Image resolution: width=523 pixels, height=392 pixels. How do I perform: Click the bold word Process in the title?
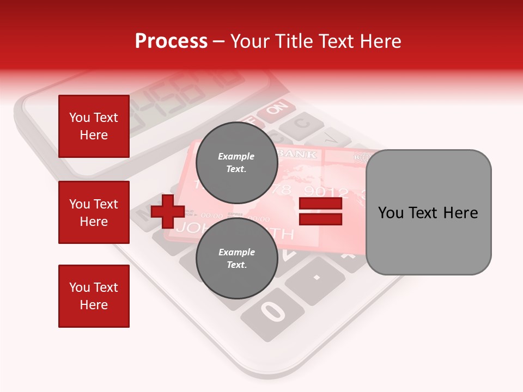(x=171, y=41)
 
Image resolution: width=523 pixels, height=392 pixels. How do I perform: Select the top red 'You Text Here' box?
(x=94, y=126)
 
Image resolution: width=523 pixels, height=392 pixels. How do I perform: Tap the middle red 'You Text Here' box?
(x=94, y=212)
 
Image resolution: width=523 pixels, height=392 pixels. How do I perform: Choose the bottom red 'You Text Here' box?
(x=94, y=296)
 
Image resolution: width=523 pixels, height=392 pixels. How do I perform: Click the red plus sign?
(x=168, y=211)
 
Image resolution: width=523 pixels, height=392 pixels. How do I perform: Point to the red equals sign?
(x=320, y=212)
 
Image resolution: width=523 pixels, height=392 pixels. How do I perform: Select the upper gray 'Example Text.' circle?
(x=236, y=162)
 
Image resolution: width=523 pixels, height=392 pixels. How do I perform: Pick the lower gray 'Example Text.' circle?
(x=236, y=258)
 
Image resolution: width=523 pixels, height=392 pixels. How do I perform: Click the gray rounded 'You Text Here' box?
(x=428, y=212)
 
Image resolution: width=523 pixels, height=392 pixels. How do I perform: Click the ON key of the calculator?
(x=277, y=109)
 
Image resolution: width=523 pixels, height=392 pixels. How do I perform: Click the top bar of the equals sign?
(x=320, y=204)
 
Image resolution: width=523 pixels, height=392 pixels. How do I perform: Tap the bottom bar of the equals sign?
(x=320, y=219)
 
